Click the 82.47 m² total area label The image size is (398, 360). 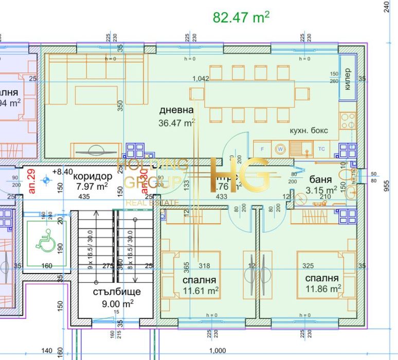[241, 17]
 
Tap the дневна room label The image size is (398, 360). [176, 110]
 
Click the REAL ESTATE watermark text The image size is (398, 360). [152, 203]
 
